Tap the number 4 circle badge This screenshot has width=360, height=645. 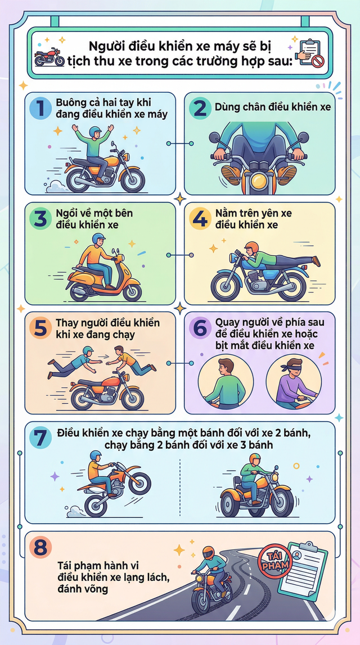click(x=200, y=219)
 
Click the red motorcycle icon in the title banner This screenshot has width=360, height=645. click(x=49, y=57)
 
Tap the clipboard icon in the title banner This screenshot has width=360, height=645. click(x=311, y=53)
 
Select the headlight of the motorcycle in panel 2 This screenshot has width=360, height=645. click(x=258, y=181)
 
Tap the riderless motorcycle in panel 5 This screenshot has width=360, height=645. click(x=107, y=392)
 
